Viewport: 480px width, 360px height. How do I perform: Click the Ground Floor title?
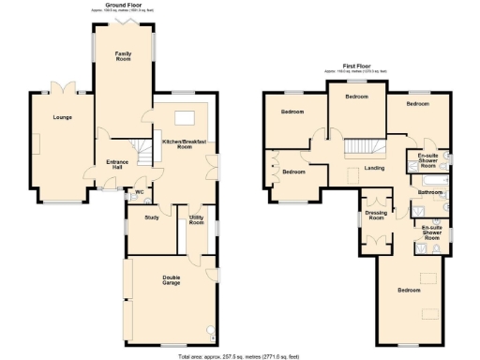pyautogui.click(x=124, y=5)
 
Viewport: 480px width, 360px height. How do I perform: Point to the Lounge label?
pyautogui.click(x=63, y=117)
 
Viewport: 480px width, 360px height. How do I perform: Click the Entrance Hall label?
pyautogui.click(x=116, y=163)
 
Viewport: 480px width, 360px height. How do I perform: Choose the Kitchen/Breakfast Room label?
pyautogui.click(x=184, y=144)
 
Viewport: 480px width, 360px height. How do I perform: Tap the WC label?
pyautogui.click(x=139, y=193)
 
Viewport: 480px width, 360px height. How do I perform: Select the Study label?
pyautogui.click(x=150, y=217)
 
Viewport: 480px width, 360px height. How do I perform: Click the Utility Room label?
pyautogui.click(x=197, y=219)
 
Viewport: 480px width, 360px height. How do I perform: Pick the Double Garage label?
pyautogui.click(x=171, y=279)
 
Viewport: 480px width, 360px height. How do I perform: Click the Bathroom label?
pyautogui.click(x=429, y=192)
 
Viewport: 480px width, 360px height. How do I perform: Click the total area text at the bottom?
pyautogui.click(x=241, y=356)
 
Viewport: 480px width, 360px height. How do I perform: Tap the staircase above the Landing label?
pyautogui.click(x=364, y=147)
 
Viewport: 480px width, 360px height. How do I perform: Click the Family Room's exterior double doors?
pyautogui.click(x=123, y=19)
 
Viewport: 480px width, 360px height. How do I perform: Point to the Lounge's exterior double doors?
pyautogui.click(x=62, y=86)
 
